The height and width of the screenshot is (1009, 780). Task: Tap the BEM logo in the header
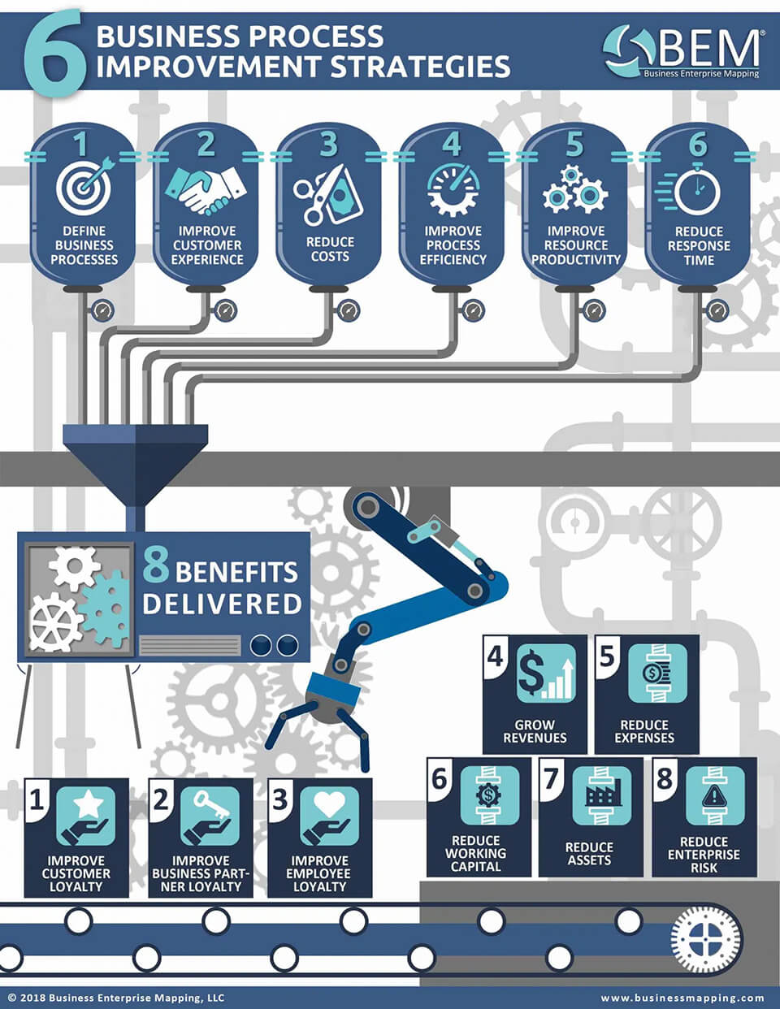click(682, 50)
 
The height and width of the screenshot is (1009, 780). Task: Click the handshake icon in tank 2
click(206, 189)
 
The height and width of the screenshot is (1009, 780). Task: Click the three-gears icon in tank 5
click(574, 188)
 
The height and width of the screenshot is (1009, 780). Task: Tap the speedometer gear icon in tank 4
click(453, 189)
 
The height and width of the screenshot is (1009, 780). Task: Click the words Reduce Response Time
click(699, 246)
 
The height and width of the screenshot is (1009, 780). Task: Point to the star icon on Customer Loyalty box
click(86, 816)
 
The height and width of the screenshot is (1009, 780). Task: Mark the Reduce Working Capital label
click(476, 853)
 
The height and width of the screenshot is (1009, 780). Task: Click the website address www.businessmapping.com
click(682, 998)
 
